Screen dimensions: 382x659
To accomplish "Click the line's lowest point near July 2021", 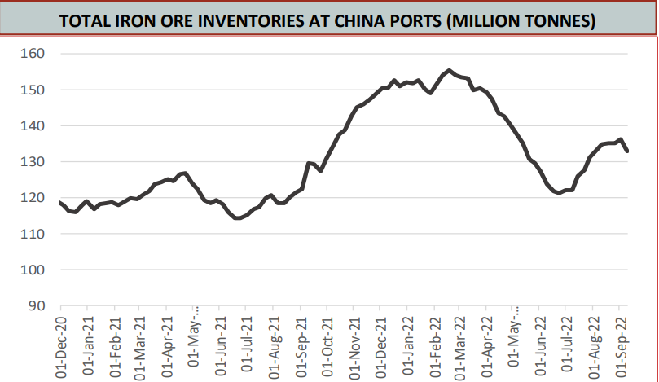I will pos(237,218).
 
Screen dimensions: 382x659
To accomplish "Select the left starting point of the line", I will pos(59,201).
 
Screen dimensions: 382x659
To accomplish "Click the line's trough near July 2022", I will pos(559,193).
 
